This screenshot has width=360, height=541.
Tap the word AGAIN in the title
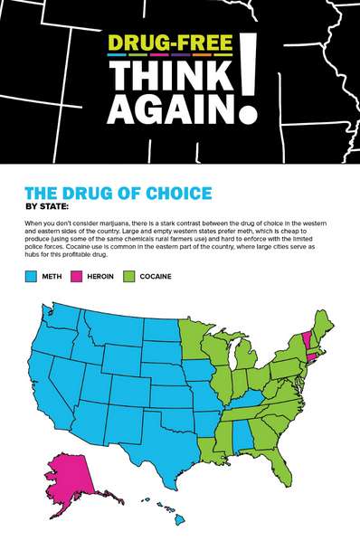pyautogui.click(x=172, y=109)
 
